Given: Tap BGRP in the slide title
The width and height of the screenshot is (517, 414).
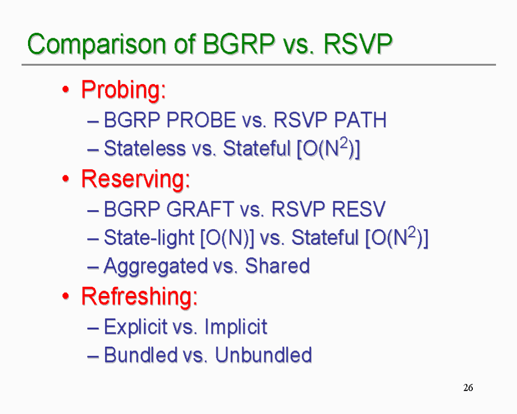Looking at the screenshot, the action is click(x=239, y=43).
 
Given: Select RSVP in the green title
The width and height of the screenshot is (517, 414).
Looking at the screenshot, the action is click(x=358, y=43).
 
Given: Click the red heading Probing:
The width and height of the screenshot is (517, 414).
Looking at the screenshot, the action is click(x=123, y=90).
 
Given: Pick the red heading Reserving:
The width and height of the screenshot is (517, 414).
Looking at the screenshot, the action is click(x=136, y=178).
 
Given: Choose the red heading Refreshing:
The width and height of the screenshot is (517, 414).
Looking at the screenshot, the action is click(x=139, y=296).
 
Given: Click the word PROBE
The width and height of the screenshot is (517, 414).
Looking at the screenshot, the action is click(x=201, y=120).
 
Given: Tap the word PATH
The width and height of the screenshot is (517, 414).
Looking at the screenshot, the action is click(x=360, y=120).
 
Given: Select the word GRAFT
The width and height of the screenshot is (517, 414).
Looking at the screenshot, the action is click(x=200, y=209).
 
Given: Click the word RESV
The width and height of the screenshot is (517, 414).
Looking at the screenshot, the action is click(x=359, y=209).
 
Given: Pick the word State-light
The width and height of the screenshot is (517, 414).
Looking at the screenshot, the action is click(x=149, y=238).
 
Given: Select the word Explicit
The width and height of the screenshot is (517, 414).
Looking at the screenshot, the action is click(x=136, y=327).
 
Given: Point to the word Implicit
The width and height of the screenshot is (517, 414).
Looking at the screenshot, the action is click(x=235, y=327).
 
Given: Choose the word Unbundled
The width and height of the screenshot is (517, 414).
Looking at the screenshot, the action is click(x=263, y=355).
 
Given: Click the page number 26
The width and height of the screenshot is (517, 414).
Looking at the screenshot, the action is click(x=468, y=388).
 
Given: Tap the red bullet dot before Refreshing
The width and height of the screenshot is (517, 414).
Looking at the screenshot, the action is click(x=66, y=296).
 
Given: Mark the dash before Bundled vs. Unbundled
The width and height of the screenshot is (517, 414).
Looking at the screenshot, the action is click(x=93, y=356).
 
